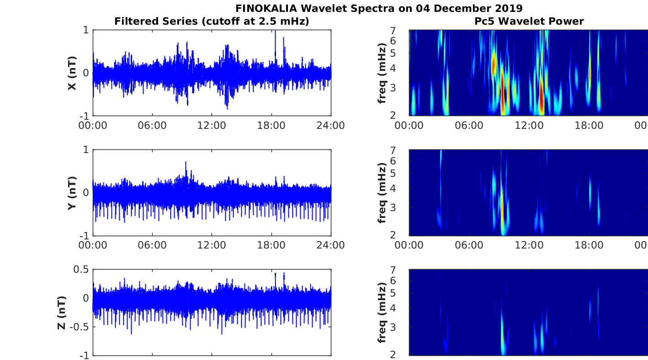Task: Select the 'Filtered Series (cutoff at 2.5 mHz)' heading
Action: [x=212, y=21]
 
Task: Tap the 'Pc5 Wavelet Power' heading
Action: [x=529, y=21]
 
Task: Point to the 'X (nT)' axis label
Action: [x=72, y=73]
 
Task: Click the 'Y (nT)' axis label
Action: [x=72, y=193]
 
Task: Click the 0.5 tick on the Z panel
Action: [x=81, y=270]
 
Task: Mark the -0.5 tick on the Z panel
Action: [x=80, y=327]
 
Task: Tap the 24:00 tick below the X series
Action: [x=330, y=126]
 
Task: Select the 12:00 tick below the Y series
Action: [x=212, y=245]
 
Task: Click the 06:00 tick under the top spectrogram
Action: [x=468, y=126]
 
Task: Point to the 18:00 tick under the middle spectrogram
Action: [x=589, y=245]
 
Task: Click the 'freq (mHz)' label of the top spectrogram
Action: [x=382, y=73]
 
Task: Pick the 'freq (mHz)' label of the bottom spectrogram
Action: [x=382, y=312]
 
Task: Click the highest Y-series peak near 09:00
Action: [x=186, y=163]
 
